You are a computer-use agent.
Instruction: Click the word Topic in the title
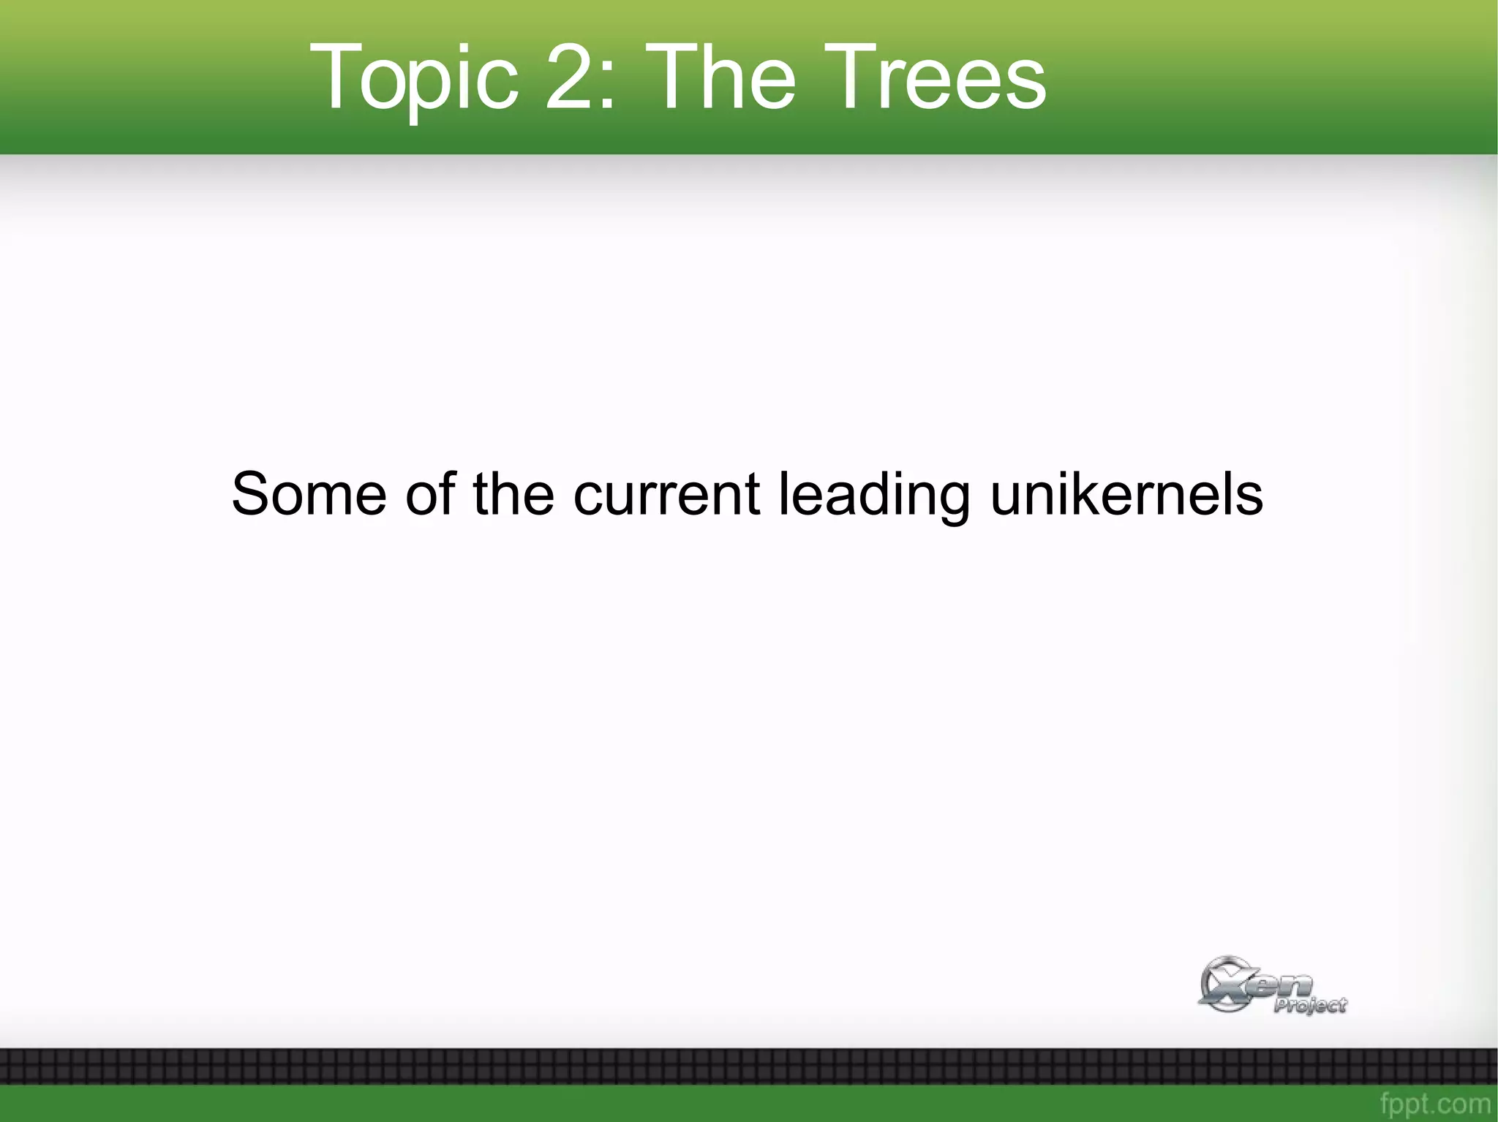414,77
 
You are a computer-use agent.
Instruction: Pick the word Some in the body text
309,494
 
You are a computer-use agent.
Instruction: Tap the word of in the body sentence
431,494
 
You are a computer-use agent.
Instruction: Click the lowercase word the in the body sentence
513,494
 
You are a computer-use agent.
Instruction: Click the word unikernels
1126,494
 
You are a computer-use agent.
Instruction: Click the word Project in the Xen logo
1310,1006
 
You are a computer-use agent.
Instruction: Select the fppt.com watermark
1434,1103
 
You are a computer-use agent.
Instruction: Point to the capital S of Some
250,494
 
